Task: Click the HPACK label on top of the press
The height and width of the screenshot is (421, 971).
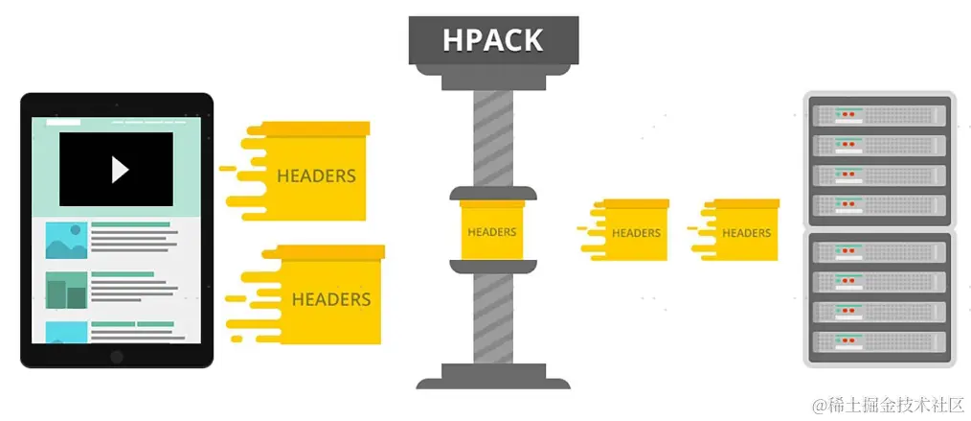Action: (492, 40)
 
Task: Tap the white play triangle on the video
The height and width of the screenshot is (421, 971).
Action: (119, 169)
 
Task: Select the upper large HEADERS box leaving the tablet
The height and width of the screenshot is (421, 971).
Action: (315, 173)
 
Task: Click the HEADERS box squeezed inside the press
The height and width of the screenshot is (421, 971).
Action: (491, 230)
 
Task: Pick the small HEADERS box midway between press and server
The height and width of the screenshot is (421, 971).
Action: (634, 230)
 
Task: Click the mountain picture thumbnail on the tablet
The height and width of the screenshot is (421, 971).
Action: (66, 241)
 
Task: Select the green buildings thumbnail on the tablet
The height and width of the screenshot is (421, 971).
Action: (66, 291)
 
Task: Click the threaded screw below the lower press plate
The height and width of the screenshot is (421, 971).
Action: (492, 316)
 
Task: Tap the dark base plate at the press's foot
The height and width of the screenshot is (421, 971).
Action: (492, 375)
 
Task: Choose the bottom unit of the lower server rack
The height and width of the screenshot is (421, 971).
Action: (879, 343)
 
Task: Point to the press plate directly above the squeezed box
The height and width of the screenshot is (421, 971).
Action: (492, 193)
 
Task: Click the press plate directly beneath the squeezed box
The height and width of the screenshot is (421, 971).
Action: (492, 266)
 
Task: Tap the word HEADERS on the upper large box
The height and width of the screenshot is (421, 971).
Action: (316, 176)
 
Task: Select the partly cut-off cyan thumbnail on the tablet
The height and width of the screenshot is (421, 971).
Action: (66, 332)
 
